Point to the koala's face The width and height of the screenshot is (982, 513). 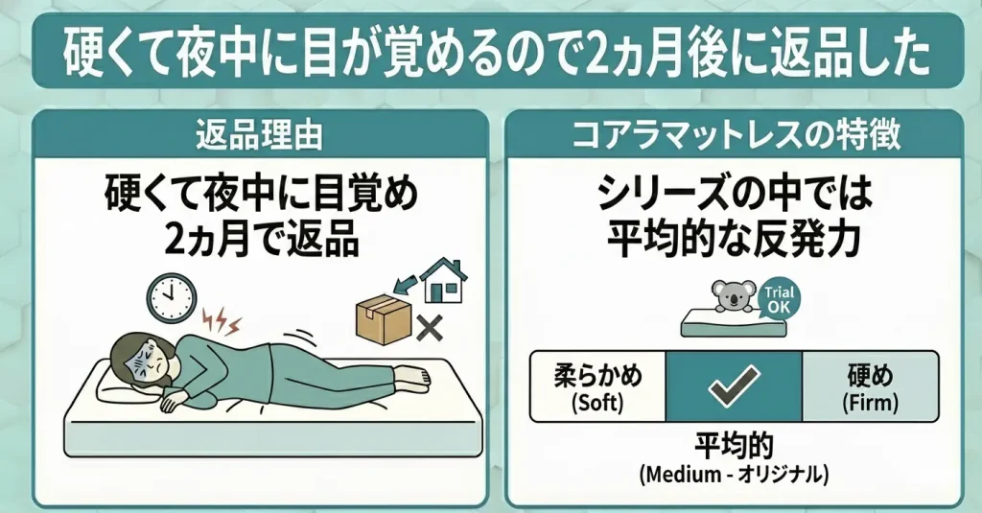click(x=733, y=294)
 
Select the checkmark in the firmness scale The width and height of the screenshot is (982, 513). click(x=734, y=387)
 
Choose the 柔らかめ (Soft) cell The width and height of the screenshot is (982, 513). click(x=598, y=387)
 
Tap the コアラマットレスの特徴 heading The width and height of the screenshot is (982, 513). click(x=735, y=134)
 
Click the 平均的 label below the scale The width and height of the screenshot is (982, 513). click(x=734, y=448)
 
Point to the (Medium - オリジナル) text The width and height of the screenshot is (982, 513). click(x=734, y=474)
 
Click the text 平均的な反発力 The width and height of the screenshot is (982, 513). click(x=735, y=237)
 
